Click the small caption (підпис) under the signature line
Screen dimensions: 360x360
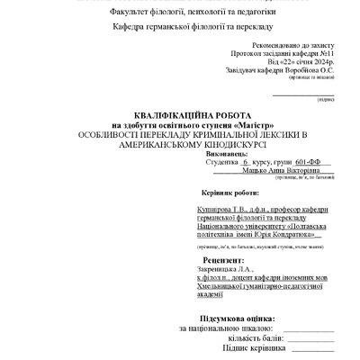coord(325,100)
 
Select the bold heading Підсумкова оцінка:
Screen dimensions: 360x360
coord(212,319)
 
